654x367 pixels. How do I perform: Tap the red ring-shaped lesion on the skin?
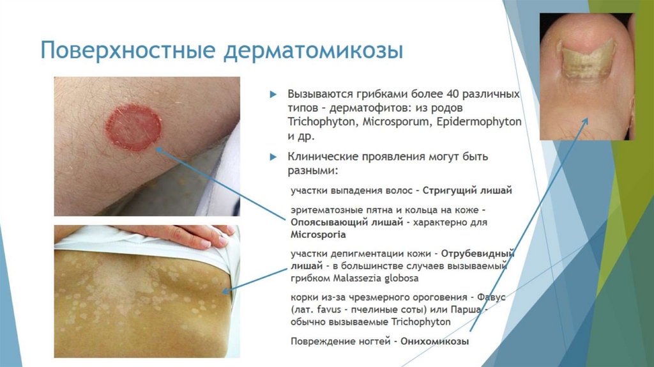(x=133, y=128)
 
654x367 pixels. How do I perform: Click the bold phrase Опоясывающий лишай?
(x=346, y=223)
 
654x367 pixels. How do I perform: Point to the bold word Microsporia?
(x=318, y=235)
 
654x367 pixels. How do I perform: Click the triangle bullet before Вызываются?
(x=273, y=94)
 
